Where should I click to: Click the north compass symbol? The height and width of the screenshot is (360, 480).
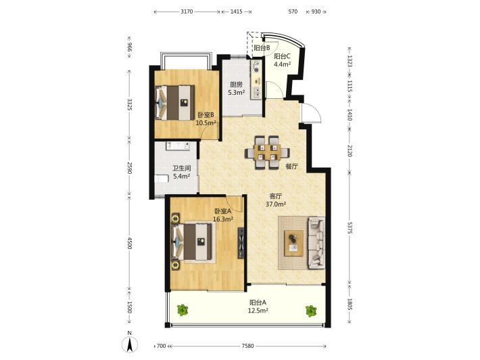click(x=130, y=344)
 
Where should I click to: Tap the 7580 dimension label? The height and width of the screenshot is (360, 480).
click(x=247, y=346)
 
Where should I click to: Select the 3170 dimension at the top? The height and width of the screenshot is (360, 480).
click(x=187, y=12)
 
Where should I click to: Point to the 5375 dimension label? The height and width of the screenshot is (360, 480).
click(x=350, y=227)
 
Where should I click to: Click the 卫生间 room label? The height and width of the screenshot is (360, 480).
click(x=182, y=168)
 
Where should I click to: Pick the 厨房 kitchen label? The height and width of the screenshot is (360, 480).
click(x=237, y=85)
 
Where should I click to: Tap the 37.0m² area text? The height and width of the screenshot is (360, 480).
click(x=276, y=204)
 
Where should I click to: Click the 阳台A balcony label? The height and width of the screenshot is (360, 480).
click(x=258, y=302)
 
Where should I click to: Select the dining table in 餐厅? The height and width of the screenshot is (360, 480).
click(x=267, y=152)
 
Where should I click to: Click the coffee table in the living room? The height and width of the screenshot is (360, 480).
click(x=294, y=243)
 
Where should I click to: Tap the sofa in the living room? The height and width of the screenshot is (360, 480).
click(x=316, y=243)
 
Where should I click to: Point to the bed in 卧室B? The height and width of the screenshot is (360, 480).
click(x=175, y=103)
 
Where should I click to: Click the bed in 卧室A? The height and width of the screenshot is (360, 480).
click(x=192, y=242)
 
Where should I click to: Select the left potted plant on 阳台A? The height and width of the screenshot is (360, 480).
click(x=183, y=310)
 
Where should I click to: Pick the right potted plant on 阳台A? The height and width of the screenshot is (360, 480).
click(x=311, y=311)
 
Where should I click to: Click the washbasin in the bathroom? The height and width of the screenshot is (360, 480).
click(x=178, y=145)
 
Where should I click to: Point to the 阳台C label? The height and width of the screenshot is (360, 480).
click(x=282, y=56)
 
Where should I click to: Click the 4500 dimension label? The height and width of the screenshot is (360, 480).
click(x=130, y=243)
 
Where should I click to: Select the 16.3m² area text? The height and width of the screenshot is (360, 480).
click(x=223, y=219)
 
